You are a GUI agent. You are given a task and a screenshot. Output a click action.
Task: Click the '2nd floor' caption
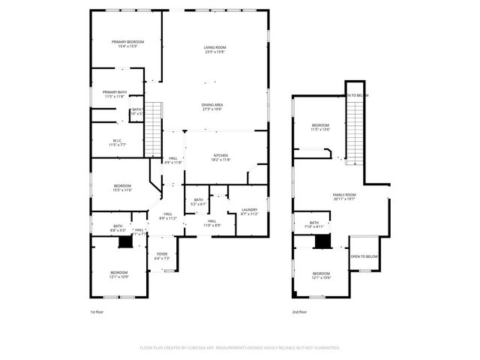(300, 312)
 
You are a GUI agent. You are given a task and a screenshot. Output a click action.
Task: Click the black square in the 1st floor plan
(125, 242)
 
